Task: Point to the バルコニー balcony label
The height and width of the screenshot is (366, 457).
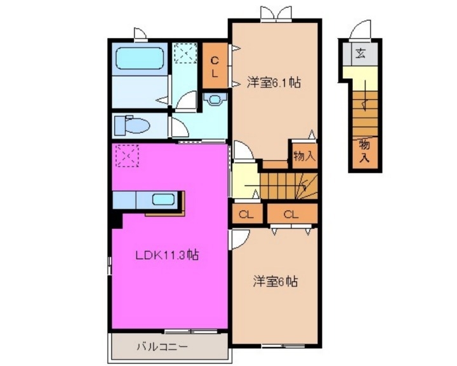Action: (162, 347)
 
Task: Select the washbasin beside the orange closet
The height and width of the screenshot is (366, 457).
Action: (216, 100)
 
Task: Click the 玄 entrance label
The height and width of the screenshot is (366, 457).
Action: (361, 53)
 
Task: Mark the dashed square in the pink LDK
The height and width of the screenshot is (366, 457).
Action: (126, 155)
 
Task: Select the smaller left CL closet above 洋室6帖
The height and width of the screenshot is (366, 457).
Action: (247, 214)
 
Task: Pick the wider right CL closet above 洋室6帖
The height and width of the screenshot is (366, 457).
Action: (291, 214)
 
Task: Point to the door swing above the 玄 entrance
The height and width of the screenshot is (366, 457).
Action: (361, 29)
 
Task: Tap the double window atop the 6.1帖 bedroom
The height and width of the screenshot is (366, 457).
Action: (274, 13)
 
